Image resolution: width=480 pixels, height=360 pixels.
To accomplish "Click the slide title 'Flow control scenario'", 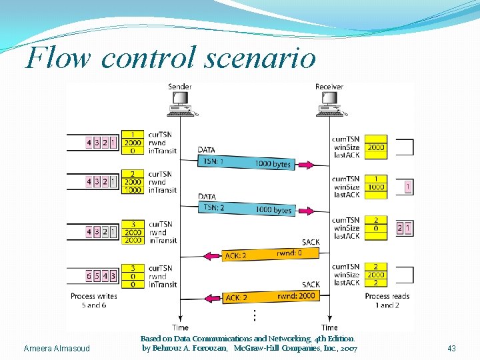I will point(170,58).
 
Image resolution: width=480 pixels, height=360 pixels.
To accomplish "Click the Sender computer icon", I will point(179,104).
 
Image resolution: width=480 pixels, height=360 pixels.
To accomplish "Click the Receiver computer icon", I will point(329,104).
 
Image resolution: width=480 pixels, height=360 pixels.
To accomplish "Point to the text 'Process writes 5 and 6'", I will point(94,301).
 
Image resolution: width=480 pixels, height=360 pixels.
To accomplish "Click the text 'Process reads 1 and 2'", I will point(387,301).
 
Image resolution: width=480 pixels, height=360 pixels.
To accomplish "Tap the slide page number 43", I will point(451,349).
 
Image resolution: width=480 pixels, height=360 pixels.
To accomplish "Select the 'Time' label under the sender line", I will point(180,327).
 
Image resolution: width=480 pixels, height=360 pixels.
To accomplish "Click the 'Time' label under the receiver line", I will point(329,327).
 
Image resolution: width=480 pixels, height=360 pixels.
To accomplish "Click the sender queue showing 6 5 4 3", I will point(102,276).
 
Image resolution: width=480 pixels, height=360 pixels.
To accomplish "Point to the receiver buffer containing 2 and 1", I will point(404,228).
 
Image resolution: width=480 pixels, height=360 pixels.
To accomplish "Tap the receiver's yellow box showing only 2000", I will point(375,147).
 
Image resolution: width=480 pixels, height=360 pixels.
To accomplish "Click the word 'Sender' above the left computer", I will point(180,87).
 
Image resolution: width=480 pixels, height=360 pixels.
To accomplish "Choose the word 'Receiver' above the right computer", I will point(329,87).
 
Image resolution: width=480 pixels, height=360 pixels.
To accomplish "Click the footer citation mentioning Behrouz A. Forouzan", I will point(249,344).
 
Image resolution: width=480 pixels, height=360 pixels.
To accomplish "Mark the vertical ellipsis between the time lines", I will point(254,315).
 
